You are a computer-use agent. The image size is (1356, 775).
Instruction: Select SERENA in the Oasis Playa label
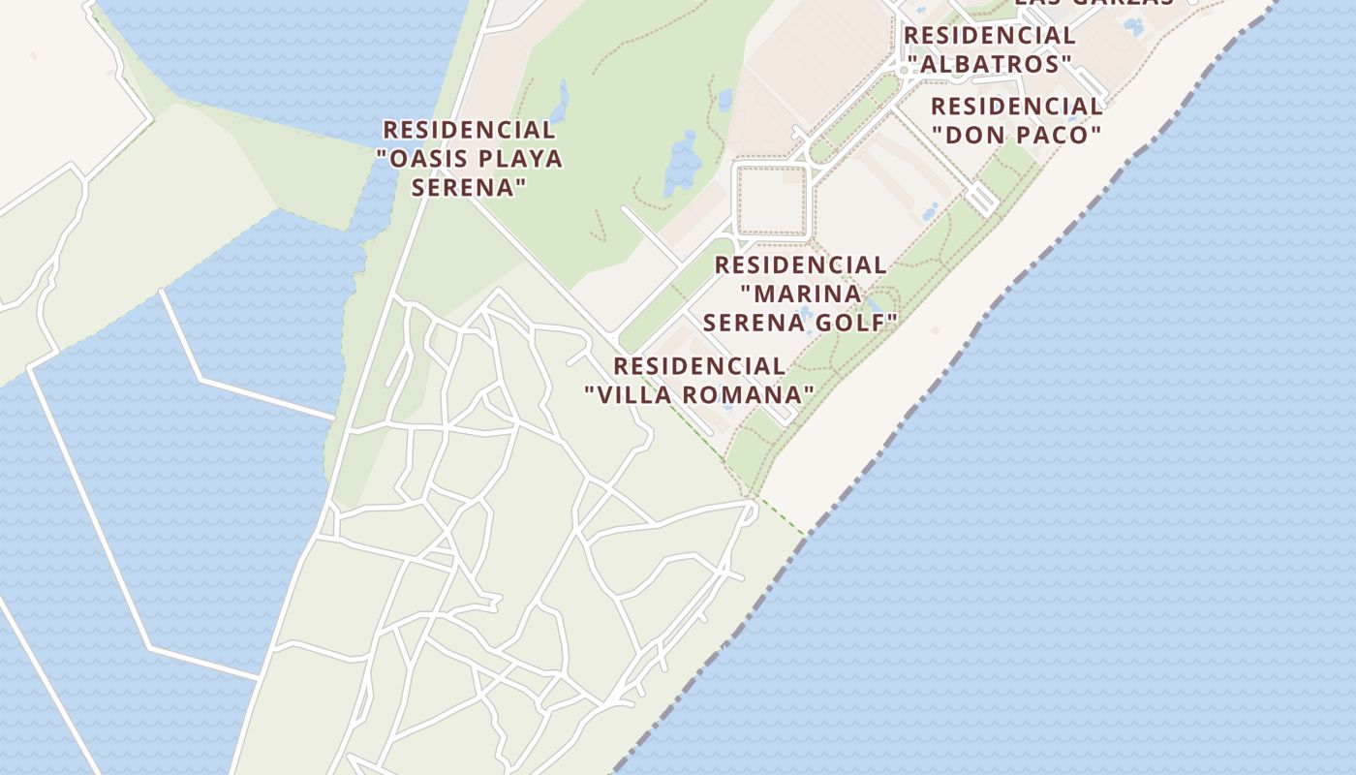click(469, 187)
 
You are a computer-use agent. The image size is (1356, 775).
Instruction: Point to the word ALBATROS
click(989, 64)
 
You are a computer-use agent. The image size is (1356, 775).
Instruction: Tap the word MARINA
click(800, 293)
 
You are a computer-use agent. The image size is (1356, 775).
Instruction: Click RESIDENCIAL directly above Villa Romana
click(699, 366)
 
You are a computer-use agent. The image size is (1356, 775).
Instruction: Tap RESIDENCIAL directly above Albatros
click(989, 36)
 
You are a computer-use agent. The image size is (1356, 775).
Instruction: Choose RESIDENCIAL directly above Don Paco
click(1017, 107)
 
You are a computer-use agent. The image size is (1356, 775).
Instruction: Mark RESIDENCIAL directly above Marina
click(800, 264)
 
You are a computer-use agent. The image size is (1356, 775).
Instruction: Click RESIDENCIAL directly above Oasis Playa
click(469, 130)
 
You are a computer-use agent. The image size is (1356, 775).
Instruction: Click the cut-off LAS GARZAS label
click(1094, 3)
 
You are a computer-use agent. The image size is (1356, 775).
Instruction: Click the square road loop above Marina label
click(771, 201)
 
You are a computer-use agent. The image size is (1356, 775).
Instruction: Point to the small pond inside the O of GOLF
click(803, 314)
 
